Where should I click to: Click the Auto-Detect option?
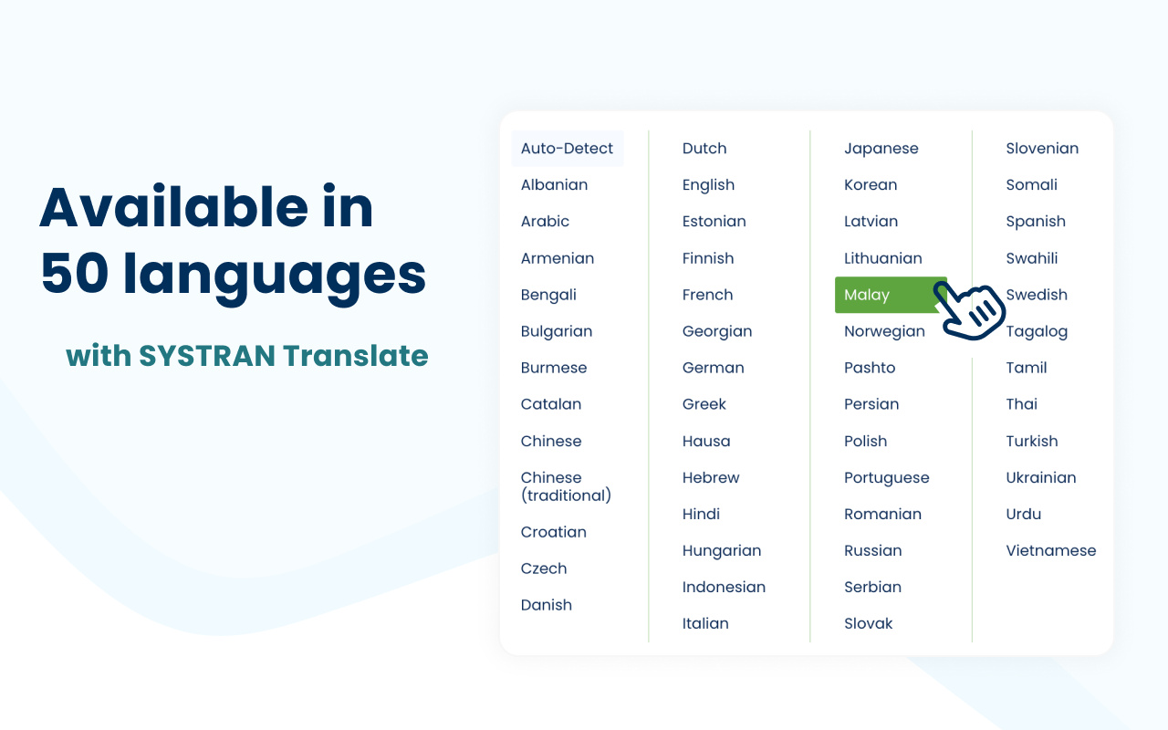tap(567, 149)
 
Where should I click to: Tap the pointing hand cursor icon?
tap(971, 311)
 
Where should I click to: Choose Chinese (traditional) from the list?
tap(566, 486)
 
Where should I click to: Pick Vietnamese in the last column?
tap(1050, 550)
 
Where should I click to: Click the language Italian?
tap(705, 623)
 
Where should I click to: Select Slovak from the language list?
tap(868, 623)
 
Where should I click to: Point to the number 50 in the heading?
tap(75, 274)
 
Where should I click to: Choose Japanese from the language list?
tap(881, 149)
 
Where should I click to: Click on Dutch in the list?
tap(704, 149)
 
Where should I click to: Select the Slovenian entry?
tap(1042, 149)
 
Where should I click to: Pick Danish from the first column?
tap(546, 605)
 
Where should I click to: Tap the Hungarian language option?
tap(721, 550)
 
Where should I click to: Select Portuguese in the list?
tap(886, 477)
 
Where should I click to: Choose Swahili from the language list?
tap(1031, 258)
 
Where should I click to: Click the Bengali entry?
tap(548, 295)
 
